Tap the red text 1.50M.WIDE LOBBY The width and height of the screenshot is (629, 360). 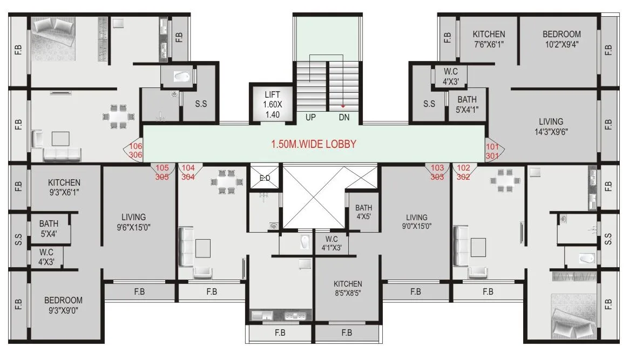coord(314,145)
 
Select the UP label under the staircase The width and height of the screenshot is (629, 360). coord(311,117)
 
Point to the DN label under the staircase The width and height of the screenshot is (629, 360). coord(344,117)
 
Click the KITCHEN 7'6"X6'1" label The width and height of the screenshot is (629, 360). coord(489,39)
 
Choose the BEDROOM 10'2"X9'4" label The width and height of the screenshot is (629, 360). coord(562,39)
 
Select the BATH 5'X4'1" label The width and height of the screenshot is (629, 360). coord(467,104)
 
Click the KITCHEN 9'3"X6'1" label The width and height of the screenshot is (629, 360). coord(64,187)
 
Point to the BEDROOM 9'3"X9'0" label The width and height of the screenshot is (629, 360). coord(64,305)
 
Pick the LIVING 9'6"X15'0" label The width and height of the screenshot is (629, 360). coord(134,222)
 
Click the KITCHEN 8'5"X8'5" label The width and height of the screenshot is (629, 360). coord(348,289)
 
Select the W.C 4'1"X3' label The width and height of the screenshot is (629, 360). coord(332,243)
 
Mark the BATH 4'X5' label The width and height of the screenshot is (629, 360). coord(364,212)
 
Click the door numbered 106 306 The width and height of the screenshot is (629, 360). coord(135,150)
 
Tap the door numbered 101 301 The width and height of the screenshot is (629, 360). coord(492,150)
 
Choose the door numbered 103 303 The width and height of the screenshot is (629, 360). coord(437,172)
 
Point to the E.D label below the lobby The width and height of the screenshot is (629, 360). coord(265,178)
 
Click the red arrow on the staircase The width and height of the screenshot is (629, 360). coord(343,106)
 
